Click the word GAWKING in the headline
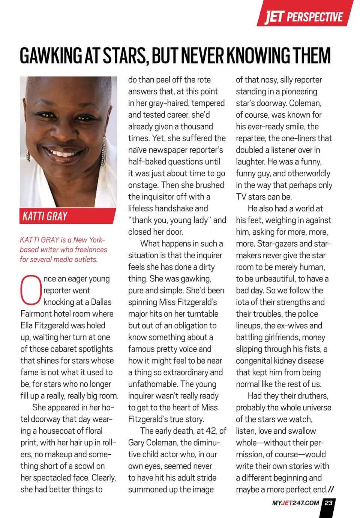coord(51,56)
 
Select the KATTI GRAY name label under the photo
coord(45,216)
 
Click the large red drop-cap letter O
coord(31,290)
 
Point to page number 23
coord(328,503)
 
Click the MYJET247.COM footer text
coord(295,503)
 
